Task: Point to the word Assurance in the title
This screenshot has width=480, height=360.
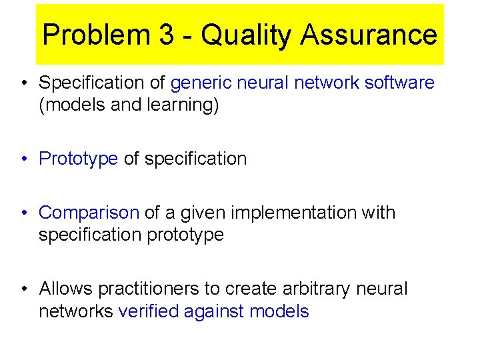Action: pyautogui.click(x=369, y=35)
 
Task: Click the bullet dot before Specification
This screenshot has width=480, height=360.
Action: pyautogui.click(x=24, y=83)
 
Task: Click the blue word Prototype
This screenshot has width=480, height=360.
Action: pyautogui.click(x=79, y=159)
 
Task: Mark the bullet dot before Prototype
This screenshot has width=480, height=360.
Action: pyautogui.click(x=24, y=159)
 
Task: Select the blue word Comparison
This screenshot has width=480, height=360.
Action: pyautogui.click(x=89, y=213)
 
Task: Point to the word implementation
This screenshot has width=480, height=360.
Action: pyautogui.click(x=311, y=213)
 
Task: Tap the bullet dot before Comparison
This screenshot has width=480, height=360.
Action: pyautogui.click(x=24, y=213)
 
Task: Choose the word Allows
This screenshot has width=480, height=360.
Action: pyautogui.click(x=66, y=289)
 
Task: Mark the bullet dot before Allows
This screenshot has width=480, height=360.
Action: pyautogui.click(x=24, y=289)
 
